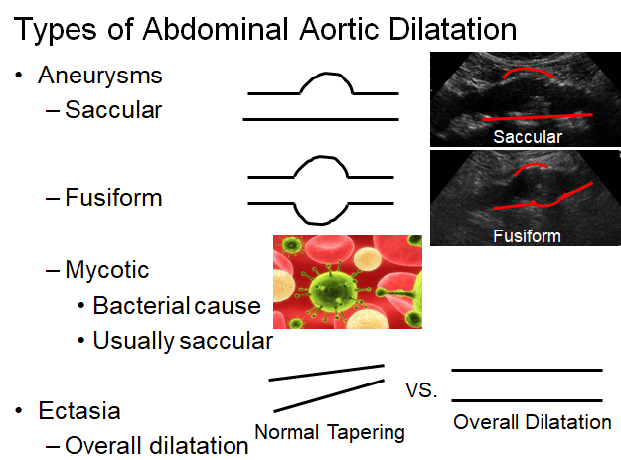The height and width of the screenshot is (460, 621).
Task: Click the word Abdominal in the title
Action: tap(216, 29)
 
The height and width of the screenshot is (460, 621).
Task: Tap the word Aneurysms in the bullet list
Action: tap(100, 77)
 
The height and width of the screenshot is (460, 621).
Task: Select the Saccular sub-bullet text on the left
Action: tap(113, 109)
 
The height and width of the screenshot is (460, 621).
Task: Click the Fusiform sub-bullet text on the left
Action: tap(113, 197)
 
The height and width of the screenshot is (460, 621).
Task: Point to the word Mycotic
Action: tap(107, 271)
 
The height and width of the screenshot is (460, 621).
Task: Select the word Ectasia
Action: tap(79, 410)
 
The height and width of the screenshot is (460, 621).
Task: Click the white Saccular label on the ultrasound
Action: tap(528, 137)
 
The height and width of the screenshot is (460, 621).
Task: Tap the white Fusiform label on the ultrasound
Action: tap(528, 236)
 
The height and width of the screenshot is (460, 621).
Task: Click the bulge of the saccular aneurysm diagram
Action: tap(326, 82)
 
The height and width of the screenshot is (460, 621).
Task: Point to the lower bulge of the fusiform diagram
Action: tap(321, 214)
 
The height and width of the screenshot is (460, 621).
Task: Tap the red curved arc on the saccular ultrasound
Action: tap(529, 73)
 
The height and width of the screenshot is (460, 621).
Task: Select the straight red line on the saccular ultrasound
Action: tap(538, 117)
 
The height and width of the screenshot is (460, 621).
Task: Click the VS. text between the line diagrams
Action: tap(421, 390)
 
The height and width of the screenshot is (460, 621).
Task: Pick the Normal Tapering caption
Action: tap(330, 432)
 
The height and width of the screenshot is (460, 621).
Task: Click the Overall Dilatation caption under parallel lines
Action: tap(533, 422)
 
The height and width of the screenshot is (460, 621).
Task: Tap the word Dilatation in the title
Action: tap(453, 29)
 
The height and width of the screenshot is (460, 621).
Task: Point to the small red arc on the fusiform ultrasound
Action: tap(532, 169)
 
